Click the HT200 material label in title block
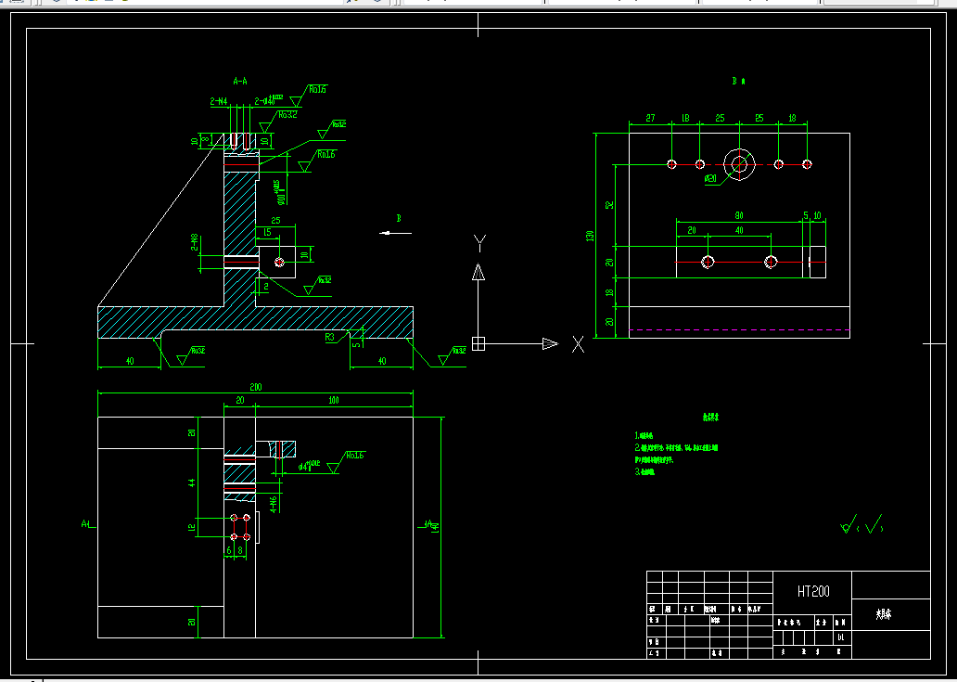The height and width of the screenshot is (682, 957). (812, 591)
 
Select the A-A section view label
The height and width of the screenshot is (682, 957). (240, 82)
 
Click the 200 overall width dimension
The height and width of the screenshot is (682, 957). (254, 388)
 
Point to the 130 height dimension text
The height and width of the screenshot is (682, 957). (589, 236)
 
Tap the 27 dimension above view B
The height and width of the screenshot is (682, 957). (650, 118)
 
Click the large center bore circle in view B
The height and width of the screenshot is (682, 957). (740, 164)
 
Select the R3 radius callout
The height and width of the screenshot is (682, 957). (330, 338)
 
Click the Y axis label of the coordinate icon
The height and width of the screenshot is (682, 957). (479, 243)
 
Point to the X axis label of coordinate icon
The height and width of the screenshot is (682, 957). (578, 344)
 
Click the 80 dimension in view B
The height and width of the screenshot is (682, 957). (739, 216)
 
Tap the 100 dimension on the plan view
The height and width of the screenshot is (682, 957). (334, 400)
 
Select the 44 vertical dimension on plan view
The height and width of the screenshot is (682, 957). (192, 483)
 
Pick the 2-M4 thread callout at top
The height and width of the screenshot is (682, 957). (219, 101)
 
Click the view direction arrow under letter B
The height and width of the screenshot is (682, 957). (396, 233)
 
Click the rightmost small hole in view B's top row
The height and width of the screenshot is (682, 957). (808, 164)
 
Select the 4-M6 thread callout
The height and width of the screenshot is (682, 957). (274, 502)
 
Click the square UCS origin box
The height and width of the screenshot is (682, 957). (478, 343)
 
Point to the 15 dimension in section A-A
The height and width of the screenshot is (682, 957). (267, 232)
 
